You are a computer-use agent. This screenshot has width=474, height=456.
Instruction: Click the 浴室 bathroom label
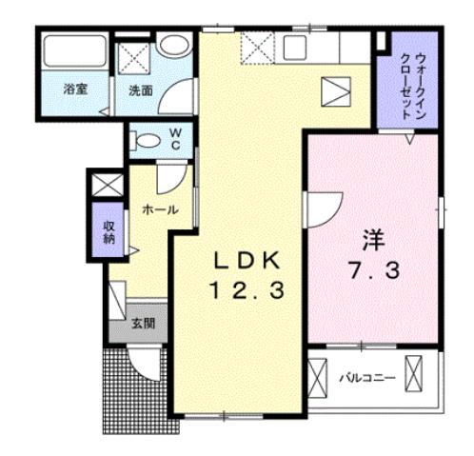coord(76,90)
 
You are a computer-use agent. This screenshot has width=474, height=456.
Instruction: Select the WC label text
coord(177,139)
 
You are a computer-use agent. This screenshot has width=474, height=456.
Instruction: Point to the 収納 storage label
coord(109,231)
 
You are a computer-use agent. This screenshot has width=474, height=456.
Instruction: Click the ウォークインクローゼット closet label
coord(406,83)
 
